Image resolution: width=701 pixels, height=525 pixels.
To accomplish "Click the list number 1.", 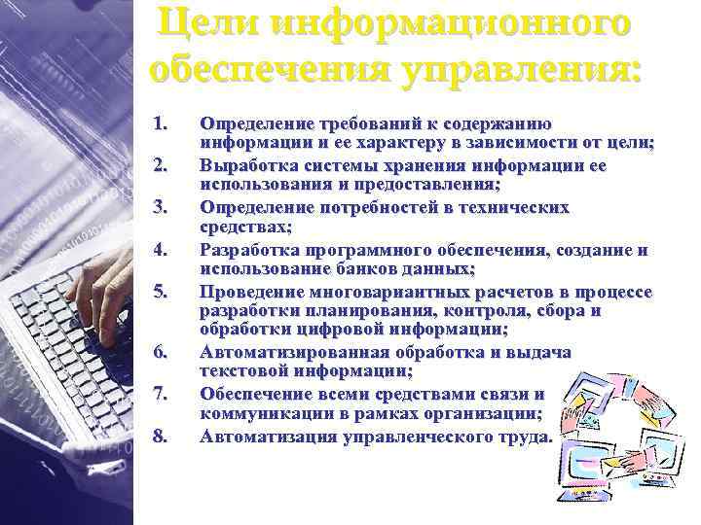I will click(x=161, y=124).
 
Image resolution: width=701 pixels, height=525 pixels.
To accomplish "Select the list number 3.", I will click(x=161, y=207).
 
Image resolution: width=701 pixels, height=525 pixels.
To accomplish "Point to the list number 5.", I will click(x=161, y=290).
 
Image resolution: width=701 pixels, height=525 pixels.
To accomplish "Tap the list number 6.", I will click(x=161, y=352).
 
